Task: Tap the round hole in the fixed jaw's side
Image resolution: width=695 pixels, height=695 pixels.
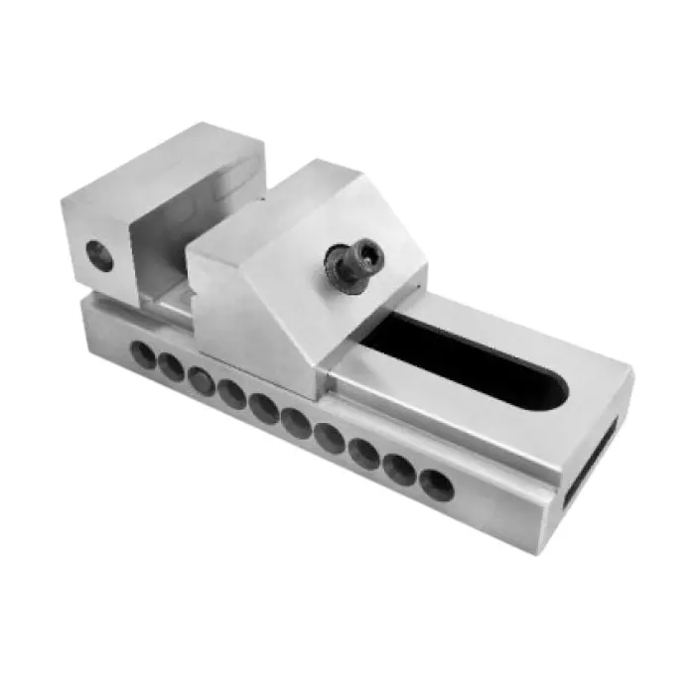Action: [98, 255]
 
